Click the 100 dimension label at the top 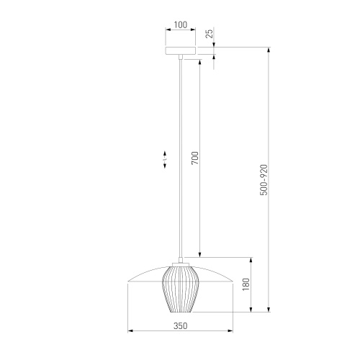coord(180,24)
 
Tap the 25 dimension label coord(210,33)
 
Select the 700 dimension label coord(195,158)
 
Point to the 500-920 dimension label coord(264,180)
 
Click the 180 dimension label coord(246,284)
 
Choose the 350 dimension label coord(180,325)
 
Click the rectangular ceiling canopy coord(181,50)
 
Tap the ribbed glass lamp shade coord(180,288)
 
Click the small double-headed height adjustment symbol coord(165,159)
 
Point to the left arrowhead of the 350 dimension coord(130,331)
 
